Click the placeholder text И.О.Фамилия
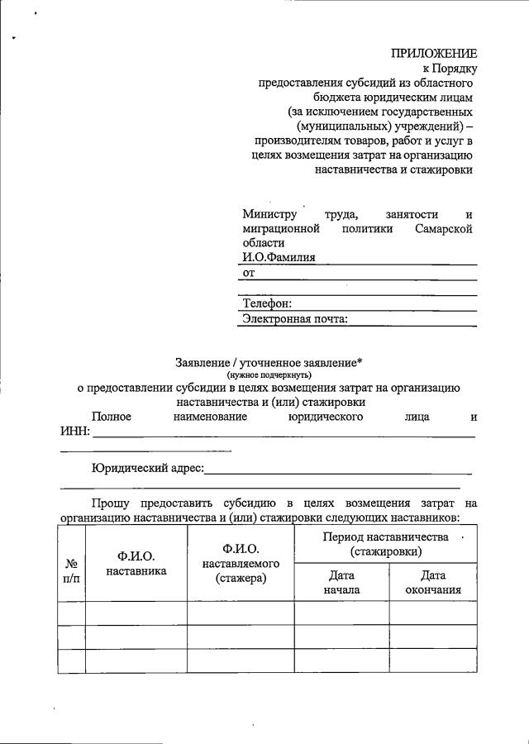click(x=279, y=258)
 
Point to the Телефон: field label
click(x=267, y=304)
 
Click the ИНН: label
click(x=74, y=432)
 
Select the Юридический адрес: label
click(x=147, y=469)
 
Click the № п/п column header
click(x=71, y=570)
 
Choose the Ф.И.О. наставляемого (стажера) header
click(x=241, y=564)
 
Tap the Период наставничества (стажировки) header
click(x=385, y=544)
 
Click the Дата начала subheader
click(x=341, y=583)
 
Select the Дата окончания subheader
click(x=433, y=583)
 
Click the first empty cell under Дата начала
click(x=341, y=613)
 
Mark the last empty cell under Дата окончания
click(x=433, y=661)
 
